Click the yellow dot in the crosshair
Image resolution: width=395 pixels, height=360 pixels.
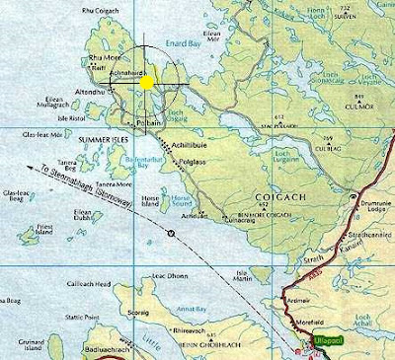coord(146,83)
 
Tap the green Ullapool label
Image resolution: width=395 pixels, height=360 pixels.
coord(327,339)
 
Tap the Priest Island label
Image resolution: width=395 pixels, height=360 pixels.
coord(42,228)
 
